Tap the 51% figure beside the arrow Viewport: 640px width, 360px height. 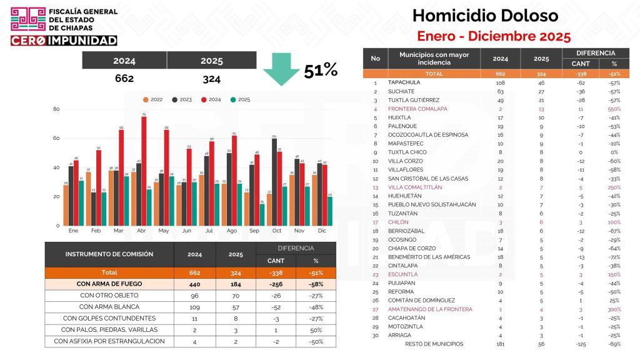click(x=321, y=71)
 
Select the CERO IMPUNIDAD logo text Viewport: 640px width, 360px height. click(x=64, y=40)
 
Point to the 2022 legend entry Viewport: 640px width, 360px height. click(x=153, y=99)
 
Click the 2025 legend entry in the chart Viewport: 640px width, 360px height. click(x=241, y=99)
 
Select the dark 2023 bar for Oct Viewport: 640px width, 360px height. click(x=274, y=181)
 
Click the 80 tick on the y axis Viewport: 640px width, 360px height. click(x=56, y=109)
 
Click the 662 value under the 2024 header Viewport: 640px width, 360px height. click(x=124, y=79)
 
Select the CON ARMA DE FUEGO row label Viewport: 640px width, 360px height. click(x=109, y=284)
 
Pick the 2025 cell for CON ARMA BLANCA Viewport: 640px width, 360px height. click(x=236, y=307)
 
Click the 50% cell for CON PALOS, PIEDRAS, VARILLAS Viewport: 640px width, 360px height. click(x=316, y=329)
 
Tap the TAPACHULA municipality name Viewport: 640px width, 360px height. click(x=404, y=82)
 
